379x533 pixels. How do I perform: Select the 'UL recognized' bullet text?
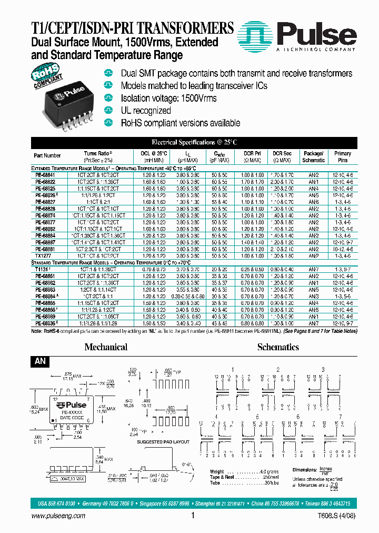click(x=146, y=111)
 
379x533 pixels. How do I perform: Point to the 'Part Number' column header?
click(x=47, y=156)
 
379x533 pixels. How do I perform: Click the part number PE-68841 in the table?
click(x=45, y=174)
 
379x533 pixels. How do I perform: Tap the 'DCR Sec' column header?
click(x=282, y=156)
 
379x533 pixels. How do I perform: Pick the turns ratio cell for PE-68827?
click(x=98, y=201)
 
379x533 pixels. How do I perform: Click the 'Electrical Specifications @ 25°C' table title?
click(x=194, y=142)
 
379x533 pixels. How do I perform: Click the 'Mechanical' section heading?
click(x=106, y=347)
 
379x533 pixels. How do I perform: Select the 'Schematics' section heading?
click(x=278, y=347)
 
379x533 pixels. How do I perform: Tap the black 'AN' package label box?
click(x=41, y=362)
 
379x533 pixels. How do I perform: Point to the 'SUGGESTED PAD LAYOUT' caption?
click(x=155, y=442)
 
